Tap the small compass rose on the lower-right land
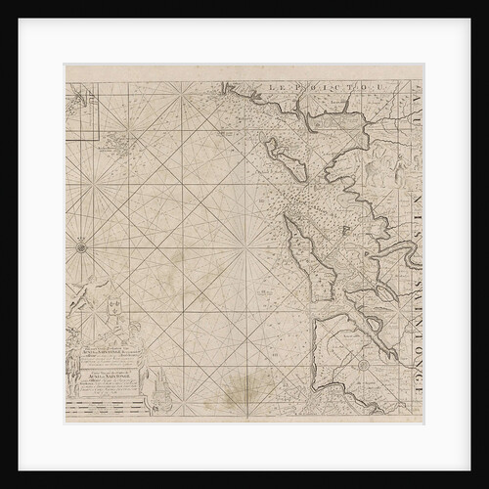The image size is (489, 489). click(362, 364)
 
